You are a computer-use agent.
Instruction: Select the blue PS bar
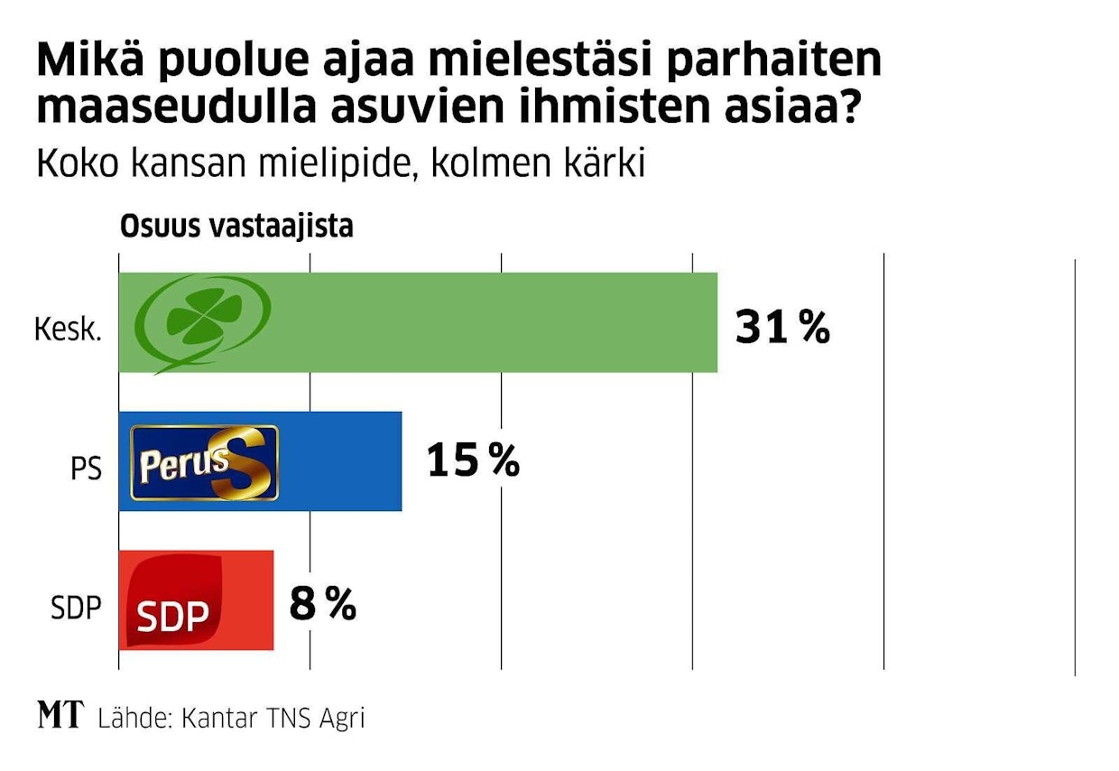click(x=343, y=461)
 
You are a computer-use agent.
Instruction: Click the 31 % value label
click(x=782, y=327)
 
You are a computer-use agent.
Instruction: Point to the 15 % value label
click(x=473, y=461)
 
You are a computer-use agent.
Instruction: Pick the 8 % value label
click(x=322, y=604)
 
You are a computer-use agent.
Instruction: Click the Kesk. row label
click(x=68, y=329)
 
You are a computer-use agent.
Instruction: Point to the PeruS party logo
click(x=205, y=463)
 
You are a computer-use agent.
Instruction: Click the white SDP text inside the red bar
click(x=172, y=616)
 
